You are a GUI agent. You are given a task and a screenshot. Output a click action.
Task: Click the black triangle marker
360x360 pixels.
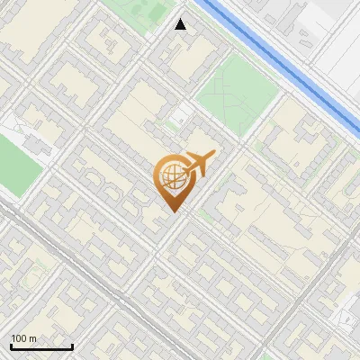(181, 24)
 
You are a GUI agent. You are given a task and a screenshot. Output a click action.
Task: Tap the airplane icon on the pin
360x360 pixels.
(197, 165)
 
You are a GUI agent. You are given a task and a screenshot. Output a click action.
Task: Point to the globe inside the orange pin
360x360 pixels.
(171, 177)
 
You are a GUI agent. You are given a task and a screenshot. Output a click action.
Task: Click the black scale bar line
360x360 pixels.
(41, 347)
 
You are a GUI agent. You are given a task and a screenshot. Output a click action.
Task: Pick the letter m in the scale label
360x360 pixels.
(33, 338)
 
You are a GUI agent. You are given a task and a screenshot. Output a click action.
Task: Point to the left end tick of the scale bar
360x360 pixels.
(11, 346)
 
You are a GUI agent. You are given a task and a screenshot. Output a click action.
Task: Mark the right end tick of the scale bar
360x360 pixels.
(72, 346)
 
